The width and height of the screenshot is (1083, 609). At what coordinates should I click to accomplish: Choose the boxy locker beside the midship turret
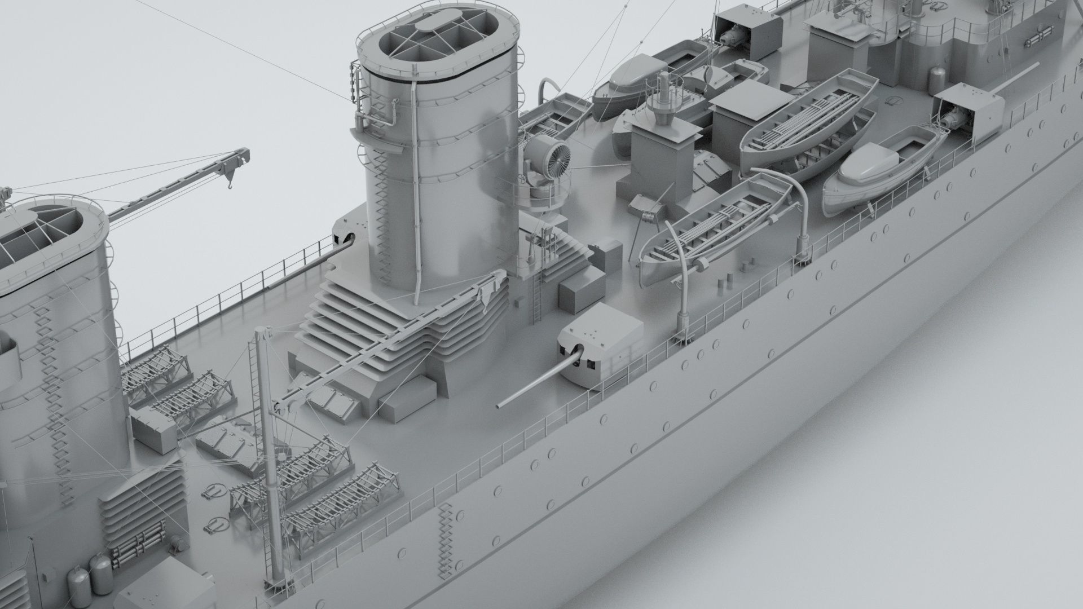pos(576,296)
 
